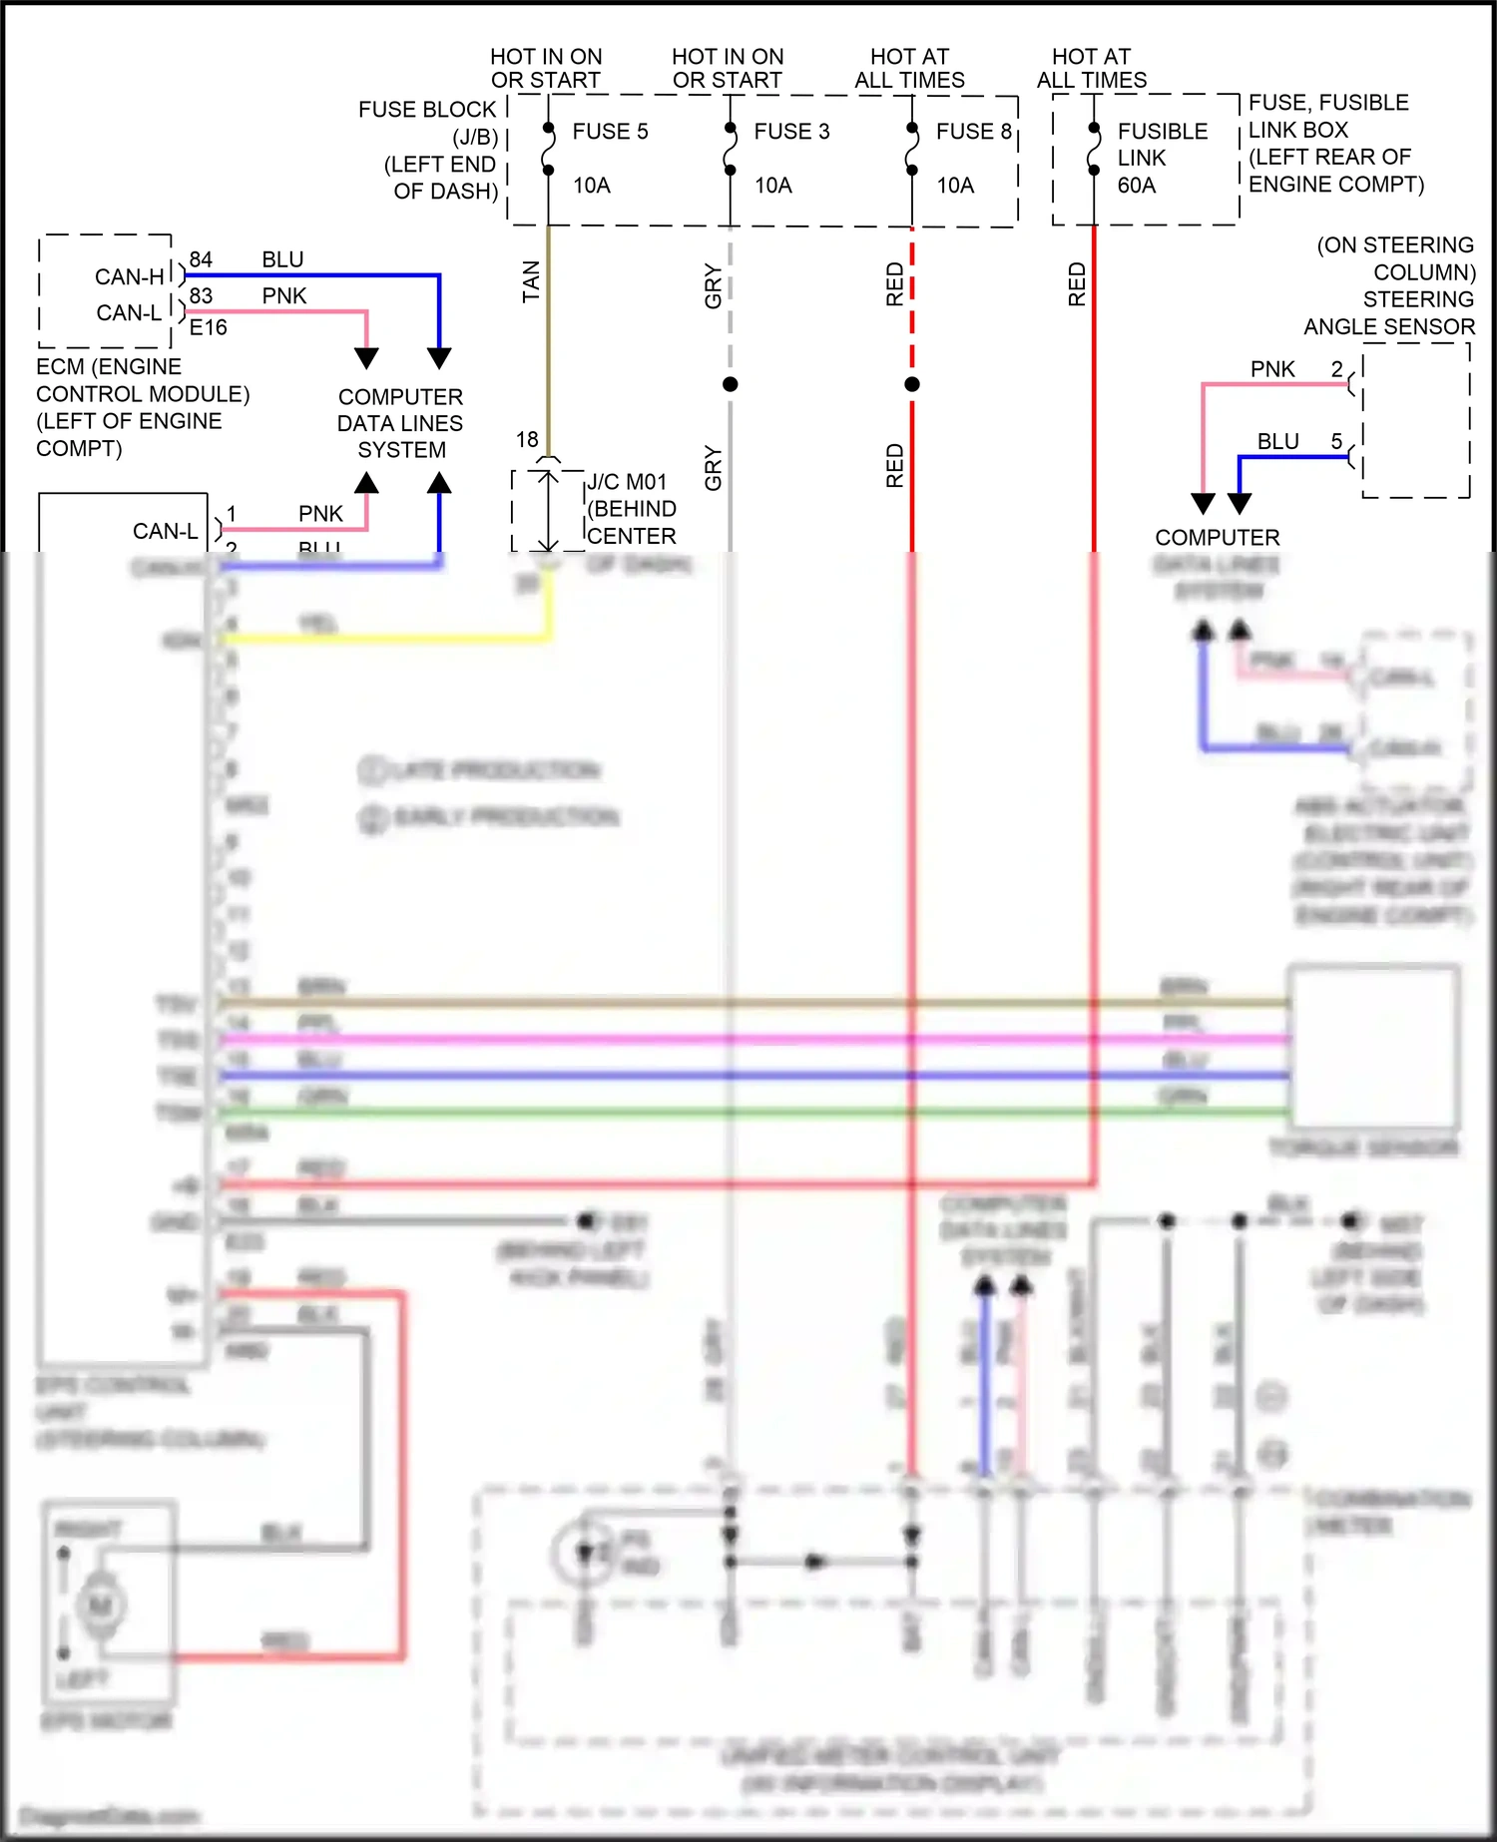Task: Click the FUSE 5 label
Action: (610, 132)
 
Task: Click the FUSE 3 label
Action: (791, 132)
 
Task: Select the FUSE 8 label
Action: (973, 132)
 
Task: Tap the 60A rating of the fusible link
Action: (1136, 186)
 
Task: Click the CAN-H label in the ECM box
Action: (130, 276)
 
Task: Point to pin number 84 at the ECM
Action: (201, 259)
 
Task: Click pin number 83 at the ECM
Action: (201, 295)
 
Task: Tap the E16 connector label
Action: (209, 327)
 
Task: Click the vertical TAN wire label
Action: (531, 281)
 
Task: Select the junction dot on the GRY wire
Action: (731, 384)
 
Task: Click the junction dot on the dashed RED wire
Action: (912, 384)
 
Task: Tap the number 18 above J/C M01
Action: (527, 439)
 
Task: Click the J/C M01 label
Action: (627, 482)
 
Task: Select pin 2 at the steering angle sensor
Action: (1336, 369)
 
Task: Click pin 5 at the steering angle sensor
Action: (1336, 441)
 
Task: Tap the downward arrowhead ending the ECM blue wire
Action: (439, 358)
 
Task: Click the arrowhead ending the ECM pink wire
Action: (366, 358)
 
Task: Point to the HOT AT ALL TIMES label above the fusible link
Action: (1091, 68)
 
